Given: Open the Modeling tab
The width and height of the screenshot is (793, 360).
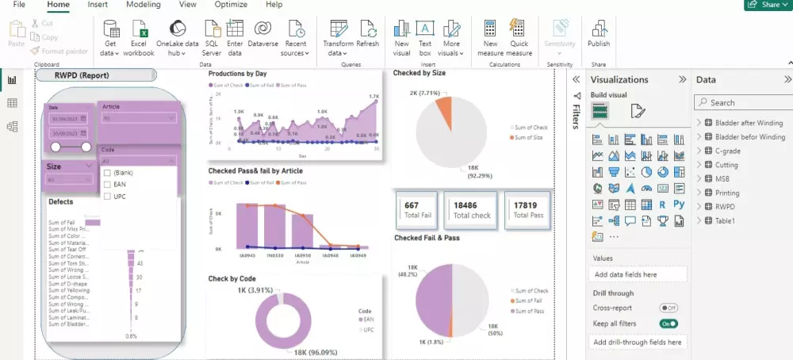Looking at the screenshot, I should (143, 5).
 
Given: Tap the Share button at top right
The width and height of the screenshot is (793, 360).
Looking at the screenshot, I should (767, 5).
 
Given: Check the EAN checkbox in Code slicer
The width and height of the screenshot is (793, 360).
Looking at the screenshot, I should (107, 184).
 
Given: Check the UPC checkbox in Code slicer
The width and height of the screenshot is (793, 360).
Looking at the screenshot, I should (107, 196).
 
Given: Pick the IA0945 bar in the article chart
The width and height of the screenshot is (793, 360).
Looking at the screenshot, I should (247, 226).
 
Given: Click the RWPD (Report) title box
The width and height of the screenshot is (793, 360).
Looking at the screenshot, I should (94, 75).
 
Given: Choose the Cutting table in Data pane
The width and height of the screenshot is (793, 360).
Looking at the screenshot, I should (726, 165).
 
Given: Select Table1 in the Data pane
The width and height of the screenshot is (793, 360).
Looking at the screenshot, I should (725, 220).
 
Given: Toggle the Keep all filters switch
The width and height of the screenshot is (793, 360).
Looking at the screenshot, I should (668, 324).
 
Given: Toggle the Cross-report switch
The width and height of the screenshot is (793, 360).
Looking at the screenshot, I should (668, 308).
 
